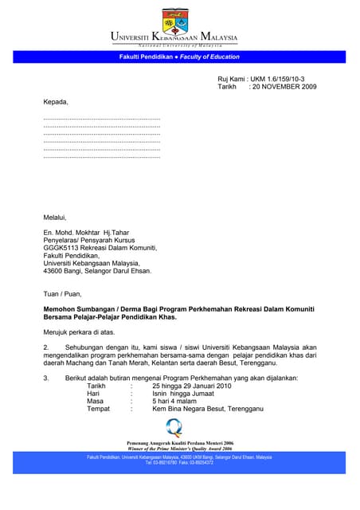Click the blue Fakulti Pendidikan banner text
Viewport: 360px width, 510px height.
(178, 57)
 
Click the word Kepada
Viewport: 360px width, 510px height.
(56, 102)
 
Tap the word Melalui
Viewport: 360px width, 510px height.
(55, 217)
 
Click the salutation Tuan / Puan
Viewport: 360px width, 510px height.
(63, 292)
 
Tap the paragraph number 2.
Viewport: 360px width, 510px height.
(46, 347)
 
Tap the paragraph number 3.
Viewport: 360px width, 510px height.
(46, 378)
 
